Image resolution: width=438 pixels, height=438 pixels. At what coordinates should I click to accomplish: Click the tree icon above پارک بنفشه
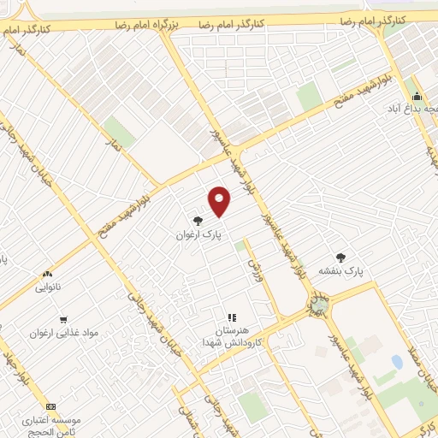(x=341, y=257)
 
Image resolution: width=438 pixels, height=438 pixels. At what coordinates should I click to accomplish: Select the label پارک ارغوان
(x=198, y=234)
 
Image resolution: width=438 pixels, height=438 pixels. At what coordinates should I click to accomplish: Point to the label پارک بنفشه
(x=341, y=270)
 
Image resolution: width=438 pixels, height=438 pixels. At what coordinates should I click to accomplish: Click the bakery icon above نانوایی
(x=47, y=275)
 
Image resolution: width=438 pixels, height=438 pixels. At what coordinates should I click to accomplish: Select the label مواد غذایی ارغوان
(x=64, y=331)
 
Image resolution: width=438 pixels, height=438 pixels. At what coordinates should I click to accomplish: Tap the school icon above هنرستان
(x=230, y=317)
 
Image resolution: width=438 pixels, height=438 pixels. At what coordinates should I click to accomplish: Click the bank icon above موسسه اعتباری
(x=50, y=405)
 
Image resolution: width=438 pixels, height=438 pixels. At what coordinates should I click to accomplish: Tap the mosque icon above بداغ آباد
(x=417, y=96)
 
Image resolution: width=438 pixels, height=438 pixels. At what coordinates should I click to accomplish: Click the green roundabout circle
(x=320, y=305)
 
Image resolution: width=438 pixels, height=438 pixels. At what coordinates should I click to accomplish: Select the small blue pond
(x=397, y=362)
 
